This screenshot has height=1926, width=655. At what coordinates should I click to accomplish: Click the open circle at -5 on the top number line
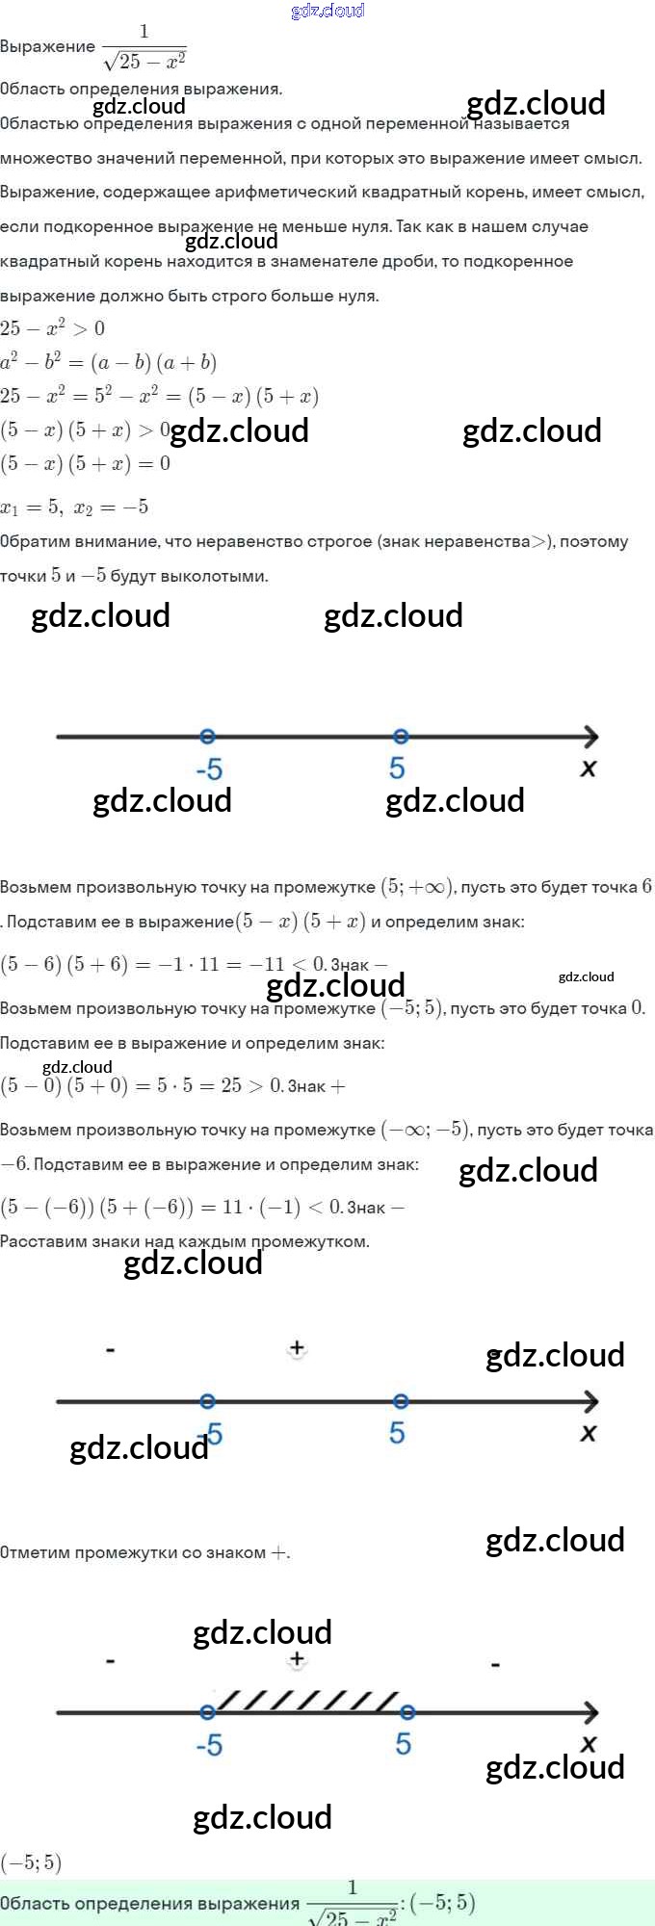pos(207,737)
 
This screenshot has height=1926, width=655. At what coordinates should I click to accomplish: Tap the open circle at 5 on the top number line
pos(401,737)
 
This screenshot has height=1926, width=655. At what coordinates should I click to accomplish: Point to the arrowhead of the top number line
pos(590,737)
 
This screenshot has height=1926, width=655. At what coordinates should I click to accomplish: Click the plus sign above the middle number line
pos(297,1348)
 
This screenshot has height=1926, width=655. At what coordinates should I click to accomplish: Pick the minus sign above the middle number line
pos(111,1350)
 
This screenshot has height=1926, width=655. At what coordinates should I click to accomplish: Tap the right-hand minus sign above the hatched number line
pos(495,1664)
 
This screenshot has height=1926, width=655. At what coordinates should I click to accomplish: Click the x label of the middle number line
pos(589,1433)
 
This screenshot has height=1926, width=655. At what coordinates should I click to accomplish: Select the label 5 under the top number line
pos(397,768)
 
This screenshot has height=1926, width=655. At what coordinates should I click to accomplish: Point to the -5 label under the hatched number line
pos(209,1745)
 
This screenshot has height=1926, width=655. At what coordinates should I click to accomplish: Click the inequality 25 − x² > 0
pos(53,328)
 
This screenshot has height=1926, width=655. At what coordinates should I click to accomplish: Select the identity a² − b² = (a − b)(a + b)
pos(108,362)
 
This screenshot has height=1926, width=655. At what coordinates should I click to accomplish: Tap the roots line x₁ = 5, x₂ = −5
pos(74,508)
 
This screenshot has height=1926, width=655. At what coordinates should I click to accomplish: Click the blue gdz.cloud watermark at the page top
pos(327,11)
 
